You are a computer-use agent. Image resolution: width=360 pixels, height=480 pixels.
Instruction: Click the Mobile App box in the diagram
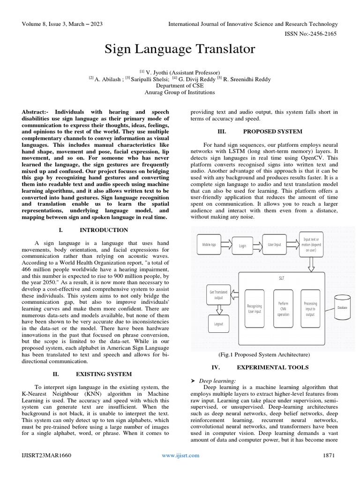click(x=209, y=244)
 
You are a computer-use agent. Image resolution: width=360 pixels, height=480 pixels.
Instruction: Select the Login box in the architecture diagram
click(x=242, y=245)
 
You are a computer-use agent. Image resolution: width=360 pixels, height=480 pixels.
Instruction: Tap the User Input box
click(x=275, y=244)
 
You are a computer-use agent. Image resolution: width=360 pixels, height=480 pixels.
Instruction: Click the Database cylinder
click(x=342, y=307)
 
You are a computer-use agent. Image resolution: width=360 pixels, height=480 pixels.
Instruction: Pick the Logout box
click(x=218, y=323)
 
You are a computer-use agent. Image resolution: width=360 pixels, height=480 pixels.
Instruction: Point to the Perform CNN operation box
click(x=283, y=309)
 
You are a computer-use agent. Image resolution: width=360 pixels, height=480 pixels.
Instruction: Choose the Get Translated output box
click(x=218, y=295)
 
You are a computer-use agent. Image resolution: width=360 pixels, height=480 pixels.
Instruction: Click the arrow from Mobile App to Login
click(x=226, y=244)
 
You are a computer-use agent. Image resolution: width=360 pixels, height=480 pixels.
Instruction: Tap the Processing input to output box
click(x=310, y=309)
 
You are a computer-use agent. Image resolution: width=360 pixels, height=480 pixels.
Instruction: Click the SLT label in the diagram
click(x=281, y=277)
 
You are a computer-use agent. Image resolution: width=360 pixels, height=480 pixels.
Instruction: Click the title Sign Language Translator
click(x=180, y=48)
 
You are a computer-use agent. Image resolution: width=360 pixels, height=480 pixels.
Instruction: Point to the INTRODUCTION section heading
click(x=104, y=230)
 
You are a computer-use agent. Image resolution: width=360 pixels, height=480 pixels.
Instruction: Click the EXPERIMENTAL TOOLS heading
click(x=272, y=367)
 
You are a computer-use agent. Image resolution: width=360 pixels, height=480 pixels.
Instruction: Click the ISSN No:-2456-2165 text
click(x=312, y=34)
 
